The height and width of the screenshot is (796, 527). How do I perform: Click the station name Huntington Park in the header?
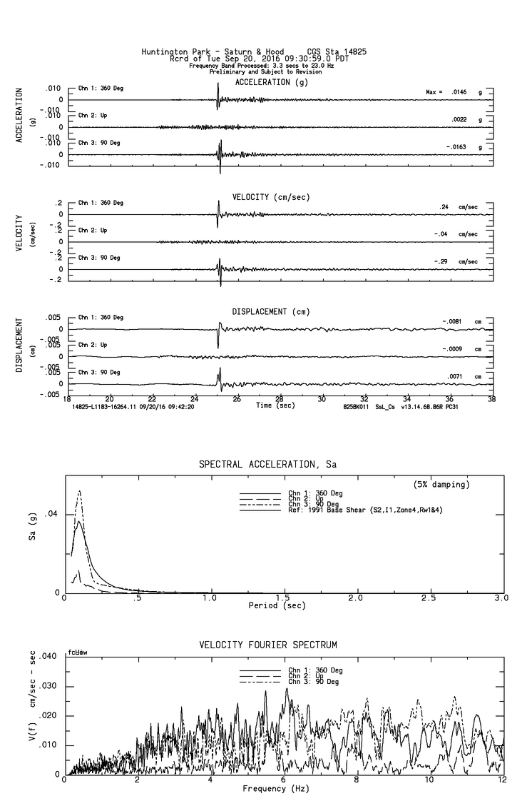[x=171, y=51]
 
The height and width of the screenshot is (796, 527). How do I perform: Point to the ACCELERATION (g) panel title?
[x=273, y=82]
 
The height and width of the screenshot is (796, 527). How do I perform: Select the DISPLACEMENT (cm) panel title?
[x=270, y=312]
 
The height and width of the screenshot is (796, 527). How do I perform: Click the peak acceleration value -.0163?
[x=454, y=146]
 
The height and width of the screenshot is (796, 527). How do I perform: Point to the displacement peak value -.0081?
[x=453, y=322]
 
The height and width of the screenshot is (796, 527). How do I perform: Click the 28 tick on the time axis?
[x=279, y=398]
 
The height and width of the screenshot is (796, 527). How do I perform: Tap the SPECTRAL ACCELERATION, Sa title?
[x=267, y=465]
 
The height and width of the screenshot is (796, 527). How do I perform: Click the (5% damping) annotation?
[x=441, y=485]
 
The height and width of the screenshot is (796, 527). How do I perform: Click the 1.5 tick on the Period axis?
[x=282, y=598]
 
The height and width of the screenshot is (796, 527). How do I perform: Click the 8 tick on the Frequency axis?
[x=357, y=781]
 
